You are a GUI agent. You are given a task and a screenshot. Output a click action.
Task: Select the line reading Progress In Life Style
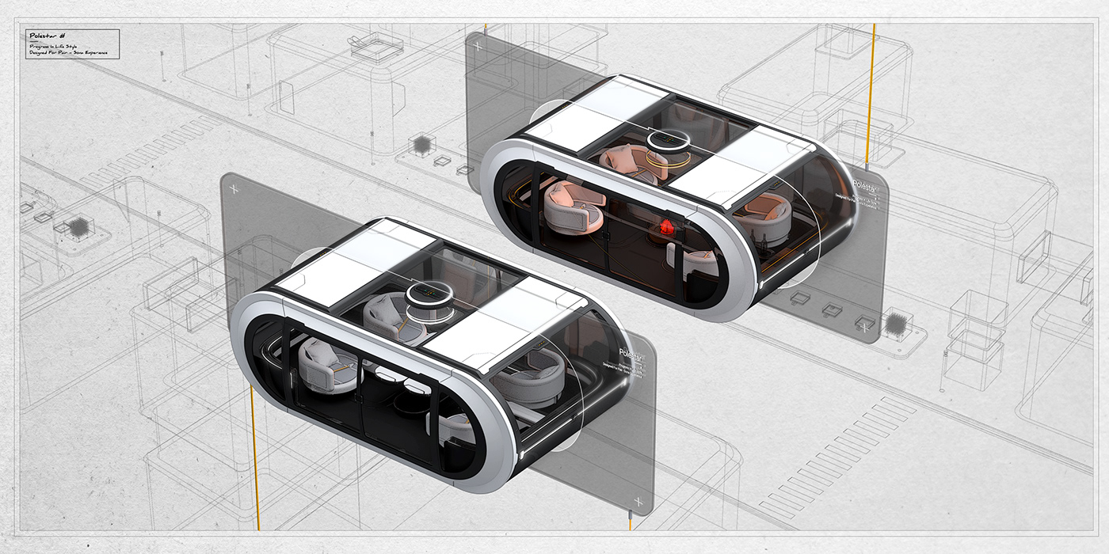[x=55, y=47]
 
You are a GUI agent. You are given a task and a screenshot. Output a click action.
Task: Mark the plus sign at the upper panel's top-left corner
[x=477, y=46]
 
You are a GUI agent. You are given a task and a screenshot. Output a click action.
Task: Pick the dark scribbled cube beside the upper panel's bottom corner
[x=896, y=323]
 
